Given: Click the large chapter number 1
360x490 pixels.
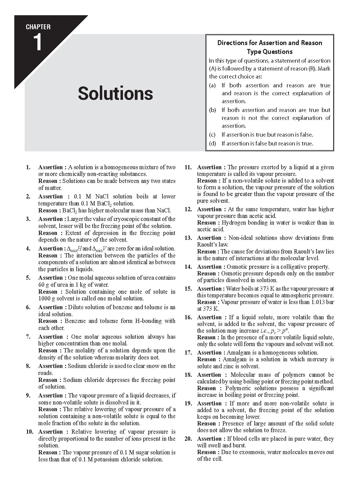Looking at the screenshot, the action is [37, 43].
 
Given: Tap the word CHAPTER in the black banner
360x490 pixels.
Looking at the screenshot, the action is [38, 27].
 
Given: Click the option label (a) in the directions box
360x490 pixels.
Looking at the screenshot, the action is [212, 86].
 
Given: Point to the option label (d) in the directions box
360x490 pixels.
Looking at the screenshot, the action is [212, 143].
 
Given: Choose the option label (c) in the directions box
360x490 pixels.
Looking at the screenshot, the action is [212, 135].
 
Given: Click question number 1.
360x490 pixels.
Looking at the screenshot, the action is [28, 167].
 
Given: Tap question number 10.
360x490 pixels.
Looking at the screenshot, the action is [30, 432].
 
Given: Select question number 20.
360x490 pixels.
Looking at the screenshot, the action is [188, 439].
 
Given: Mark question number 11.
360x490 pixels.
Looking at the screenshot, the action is [188, 167].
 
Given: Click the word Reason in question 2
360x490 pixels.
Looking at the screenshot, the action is [48, 210].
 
